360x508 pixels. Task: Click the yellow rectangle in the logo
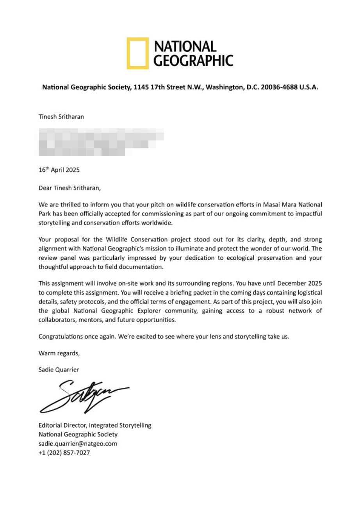pyautogui.click(x=137, y=53)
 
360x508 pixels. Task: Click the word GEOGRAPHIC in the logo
pyautogui.click(x=193, y=60)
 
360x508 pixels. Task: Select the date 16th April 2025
pyautogui.click(x=59, y=170)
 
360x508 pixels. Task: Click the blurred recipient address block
pyautogui.click(x=100, y=142)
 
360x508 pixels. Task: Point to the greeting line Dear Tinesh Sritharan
pyautogui.click(x=70, y=188)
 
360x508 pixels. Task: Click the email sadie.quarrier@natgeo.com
pyautogui.click(x=78, y=444)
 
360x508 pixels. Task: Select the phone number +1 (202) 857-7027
pyautogui.click(x=64, y=453)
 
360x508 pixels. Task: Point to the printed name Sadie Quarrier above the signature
pyautogui.click(x=59, y=369)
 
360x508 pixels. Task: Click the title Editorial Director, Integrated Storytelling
pyautogui.click(x=95, y=425)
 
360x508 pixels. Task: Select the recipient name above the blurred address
pyautogui.click(x=61, y=116)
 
